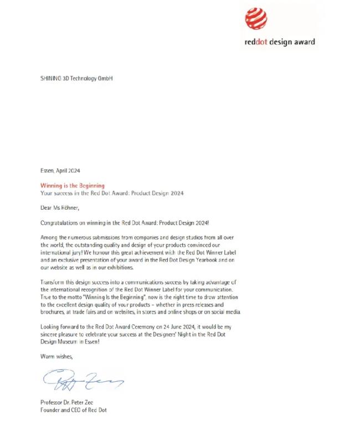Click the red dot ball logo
pyautogui.click(x=256, y=19)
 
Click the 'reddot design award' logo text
pyautogui.click(x=280, y=41)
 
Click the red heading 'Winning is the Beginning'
pyautogui.click(x=73, y=185)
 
